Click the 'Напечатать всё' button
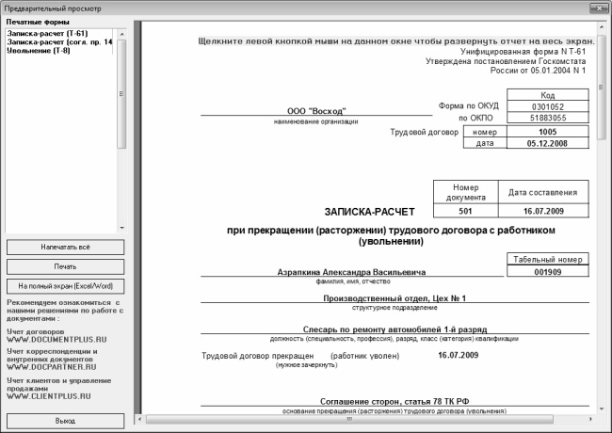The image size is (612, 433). click(65, 247)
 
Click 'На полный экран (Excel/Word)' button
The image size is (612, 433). click(65, 284)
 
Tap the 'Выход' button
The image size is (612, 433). click(65, 421)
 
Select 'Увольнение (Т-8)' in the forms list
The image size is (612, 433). click(37, 51)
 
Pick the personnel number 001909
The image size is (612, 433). click(548, 272)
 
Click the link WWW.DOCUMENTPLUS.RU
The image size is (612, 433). click(53, 337)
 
